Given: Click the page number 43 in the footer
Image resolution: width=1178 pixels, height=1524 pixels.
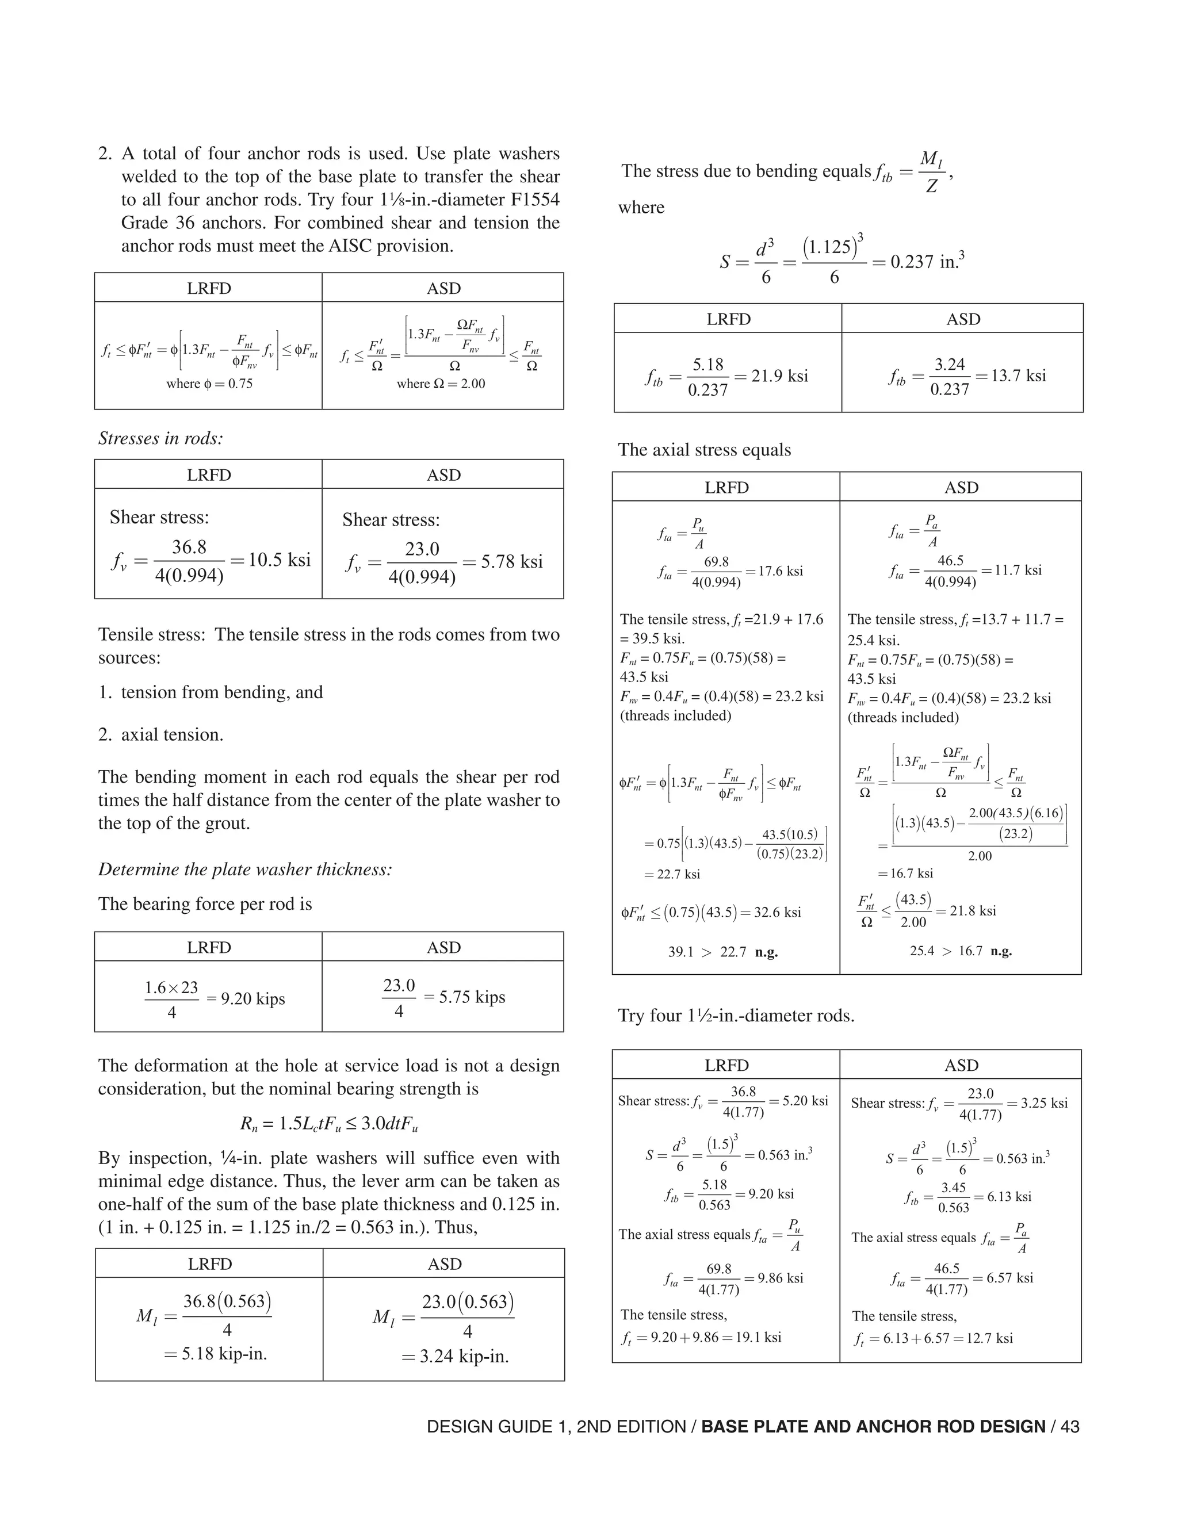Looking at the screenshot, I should point(1069,1427).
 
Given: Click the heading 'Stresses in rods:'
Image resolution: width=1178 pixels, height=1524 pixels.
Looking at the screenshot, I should point(160,438).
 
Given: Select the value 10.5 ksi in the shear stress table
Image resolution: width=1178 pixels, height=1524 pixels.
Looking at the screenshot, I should point(279,560).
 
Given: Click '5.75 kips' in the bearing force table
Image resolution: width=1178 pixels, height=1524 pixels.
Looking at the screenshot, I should point(472,997).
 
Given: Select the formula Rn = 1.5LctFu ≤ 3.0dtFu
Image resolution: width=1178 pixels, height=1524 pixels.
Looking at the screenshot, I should point(328,1124).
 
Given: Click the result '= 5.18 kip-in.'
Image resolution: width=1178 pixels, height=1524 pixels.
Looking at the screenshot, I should point(216,1354).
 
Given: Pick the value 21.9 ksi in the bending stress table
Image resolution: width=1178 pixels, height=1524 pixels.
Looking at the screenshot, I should point(779,376).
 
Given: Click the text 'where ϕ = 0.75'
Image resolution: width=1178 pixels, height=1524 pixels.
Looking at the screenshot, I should point(209,384).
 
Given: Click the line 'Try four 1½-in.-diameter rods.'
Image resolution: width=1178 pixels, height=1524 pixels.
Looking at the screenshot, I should point(736,1015).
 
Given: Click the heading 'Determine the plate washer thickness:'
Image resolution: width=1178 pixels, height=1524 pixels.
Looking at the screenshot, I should point(245,870).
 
